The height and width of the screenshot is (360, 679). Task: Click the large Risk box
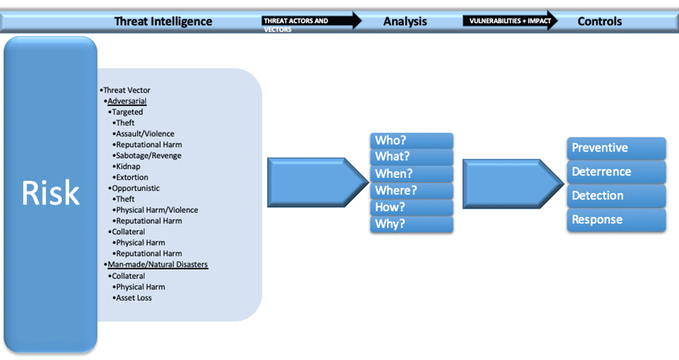click(51, 194)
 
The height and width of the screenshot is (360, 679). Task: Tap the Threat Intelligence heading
click(163, 21)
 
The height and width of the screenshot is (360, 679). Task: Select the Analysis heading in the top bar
click(405, 21)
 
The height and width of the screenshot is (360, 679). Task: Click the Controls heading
click(599, 21)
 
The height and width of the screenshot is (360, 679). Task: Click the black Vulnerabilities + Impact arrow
click(510, 21)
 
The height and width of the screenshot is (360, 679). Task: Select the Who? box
click(412, 141)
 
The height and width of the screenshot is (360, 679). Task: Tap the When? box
click(412, 174)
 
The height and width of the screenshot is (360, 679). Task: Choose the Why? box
click(412, 224)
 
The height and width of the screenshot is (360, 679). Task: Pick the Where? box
click(412, 191)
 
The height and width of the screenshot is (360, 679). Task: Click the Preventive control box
click(616, 148)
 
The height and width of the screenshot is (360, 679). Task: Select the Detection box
click(616, 196)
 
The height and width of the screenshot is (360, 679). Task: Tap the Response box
click(616, 220)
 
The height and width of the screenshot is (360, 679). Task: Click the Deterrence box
click(616, 172)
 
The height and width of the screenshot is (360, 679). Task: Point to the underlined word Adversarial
click(127, 101)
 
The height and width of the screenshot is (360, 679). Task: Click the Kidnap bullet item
click(128, 166)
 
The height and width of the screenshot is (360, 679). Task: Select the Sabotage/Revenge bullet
click(149, 155)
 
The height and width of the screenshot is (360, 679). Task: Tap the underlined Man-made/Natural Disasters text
click(157, 265)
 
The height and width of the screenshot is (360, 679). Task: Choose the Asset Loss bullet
click(134, 298)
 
